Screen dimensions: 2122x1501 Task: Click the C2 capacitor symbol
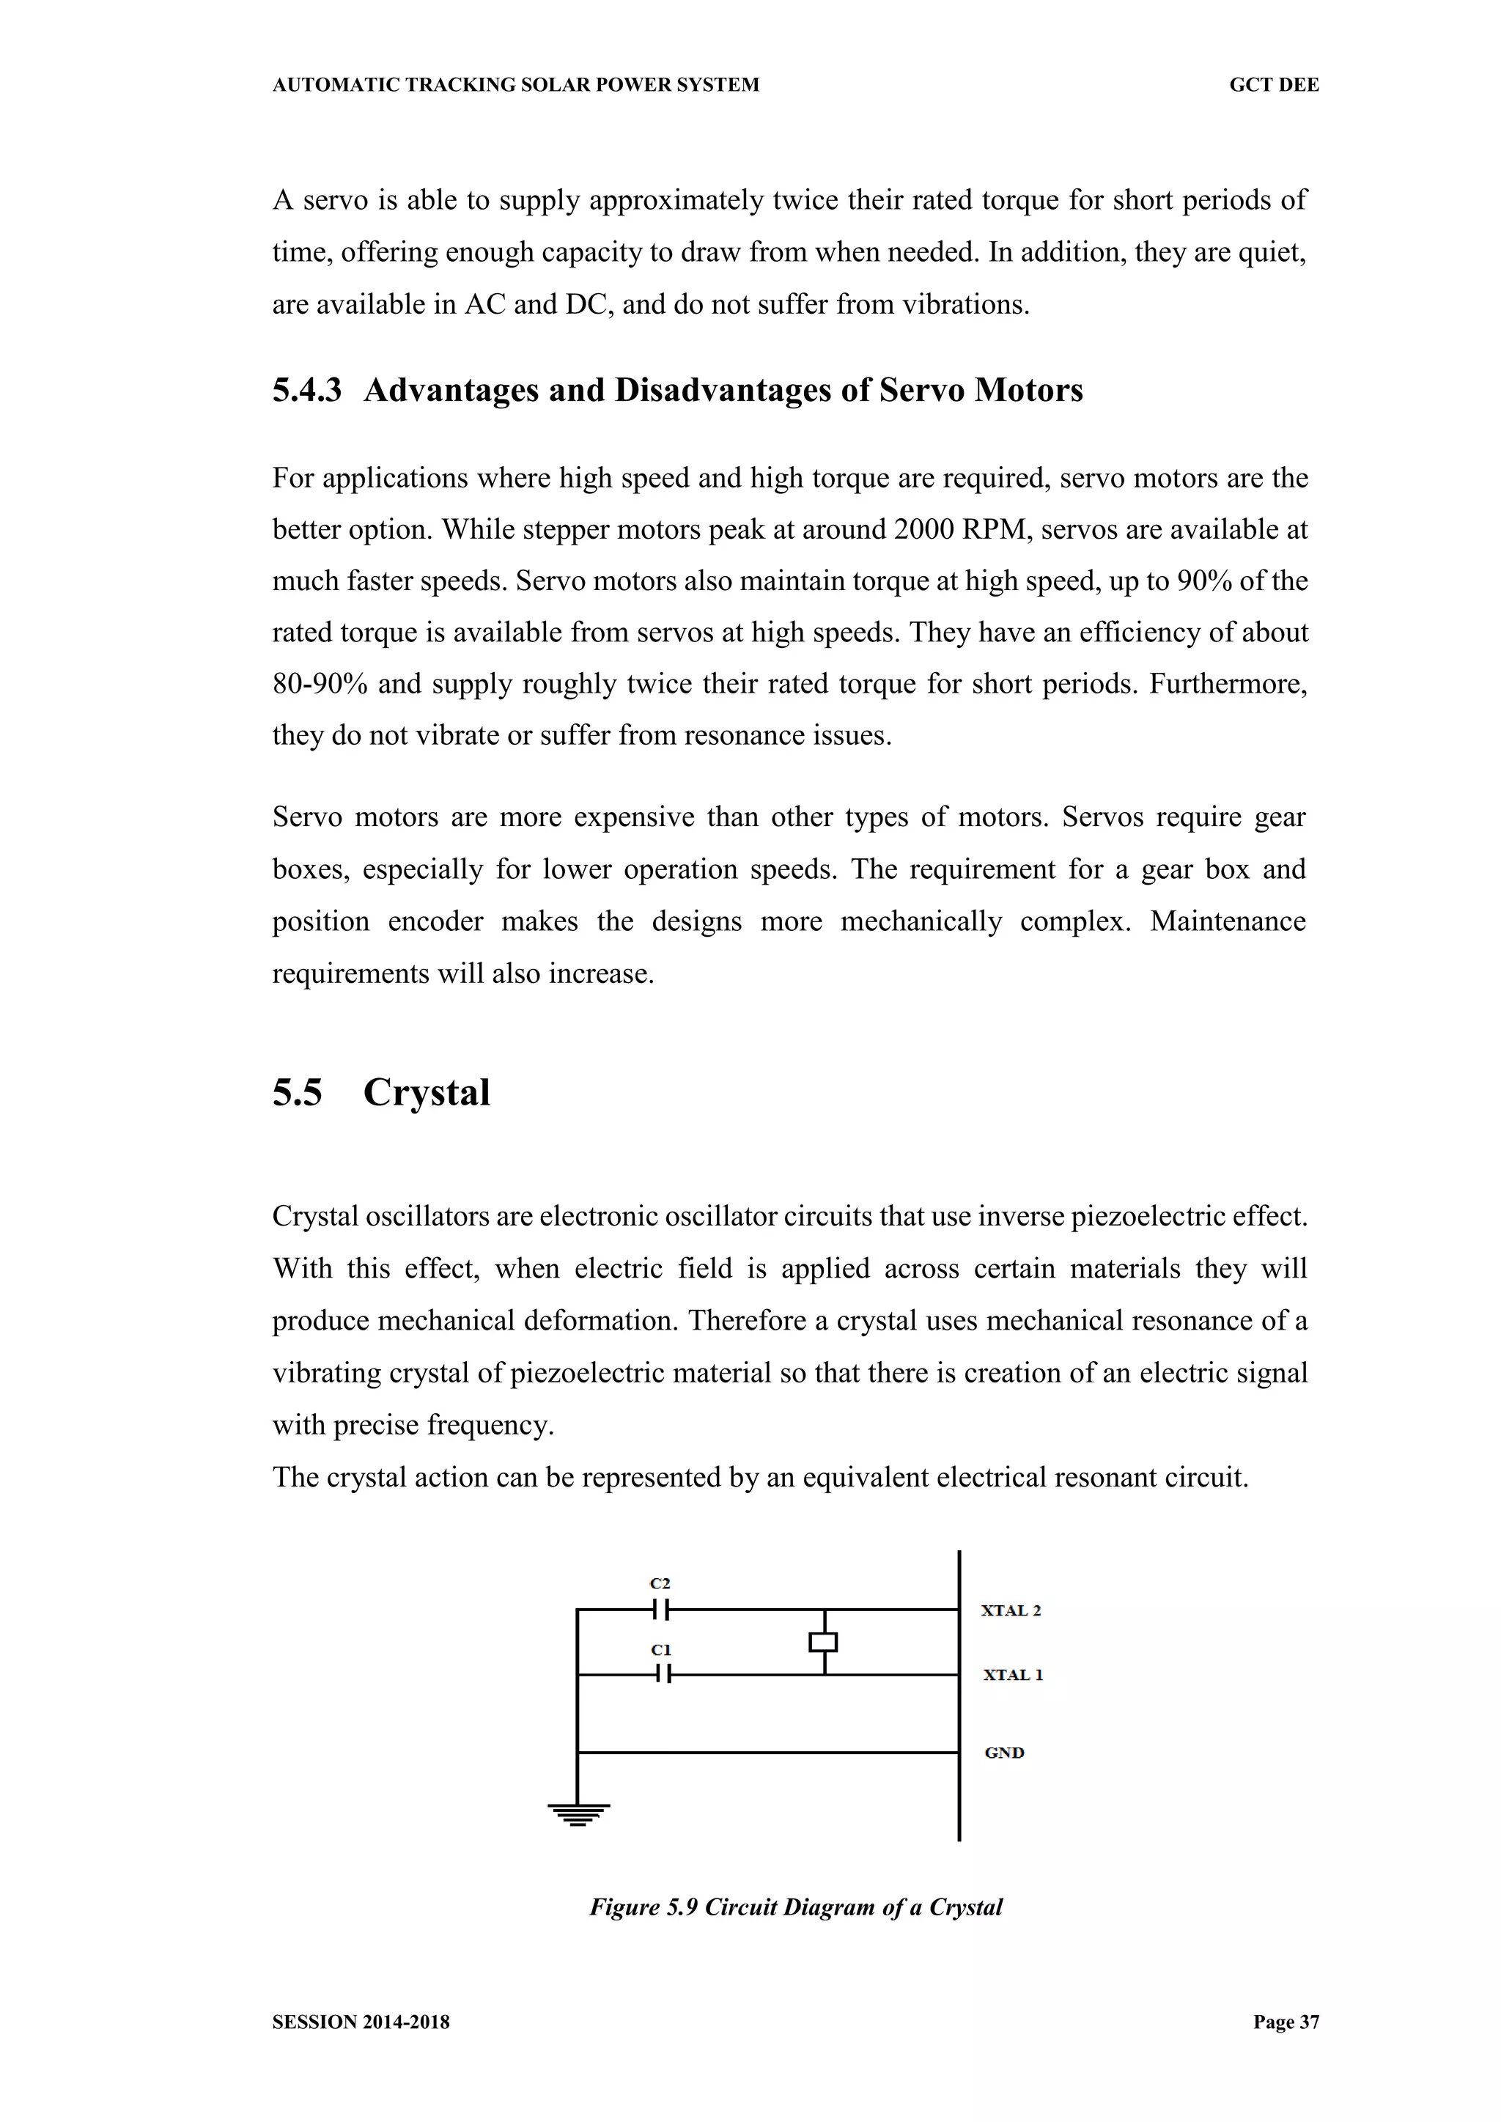(661, 1609)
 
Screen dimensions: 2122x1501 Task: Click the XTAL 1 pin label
(1012, 1675)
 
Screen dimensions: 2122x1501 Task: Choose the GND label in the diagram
(1004, 1753)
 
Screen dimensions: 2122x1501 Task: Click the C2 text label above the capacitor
(660, 1583)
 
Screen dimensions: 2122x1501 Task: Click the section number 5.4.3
(307, 390)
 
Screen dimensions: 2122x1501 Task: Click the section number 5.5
(297, 1092)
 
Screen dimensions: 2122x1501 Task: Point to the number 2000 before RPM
(924, 529)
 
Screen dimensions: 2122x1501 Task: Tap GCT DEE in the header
(1274, 85)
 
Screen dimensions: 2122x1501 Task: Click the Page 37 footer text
(1286, 2022)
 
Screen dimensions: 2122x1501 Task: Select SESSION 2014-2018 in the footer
(361, 2022)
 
